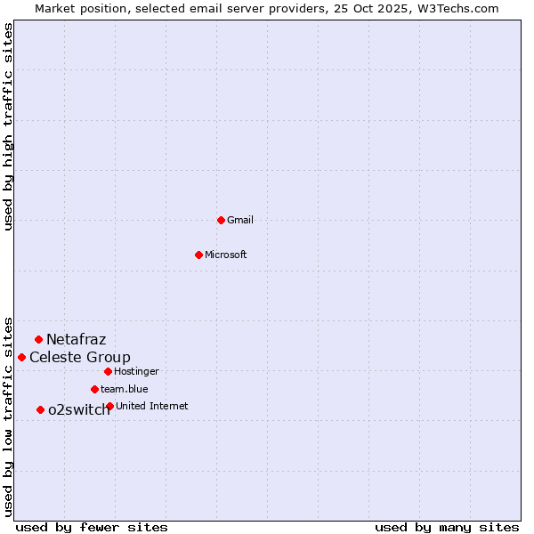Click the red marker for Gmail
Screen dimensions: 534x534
(221, 220)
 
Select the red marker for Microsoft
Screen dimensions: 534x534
(198, 255)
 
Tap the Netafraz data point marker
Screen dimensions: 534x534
(38, 339)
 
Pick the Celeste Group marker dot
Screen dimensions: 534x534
(21, 357)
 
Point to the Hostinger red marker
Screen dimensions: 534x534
(108, 371)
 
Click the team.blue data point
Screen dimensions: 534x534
(94, 389)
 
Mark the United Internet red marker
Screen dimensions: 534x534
(109, 406)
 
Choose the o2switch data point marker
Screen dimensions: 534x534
(40, 409)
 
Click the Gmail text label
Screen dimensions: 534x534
(240, 220)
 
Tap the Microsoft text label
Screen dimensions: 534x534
(226, 255)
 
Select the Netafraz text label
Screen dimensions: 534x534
(77, 339)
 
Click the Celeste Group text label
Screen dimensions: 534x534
(80, 357)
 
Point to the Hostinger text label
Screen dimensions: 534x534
(136, 371)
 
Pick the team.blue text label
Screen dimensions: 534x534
(125, 389)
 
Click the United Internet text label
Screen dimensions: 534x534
(152, 406)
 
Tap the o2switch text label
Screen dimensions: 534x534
(79, 409)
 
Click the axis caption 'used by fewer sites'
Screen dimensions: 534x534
(92, 527)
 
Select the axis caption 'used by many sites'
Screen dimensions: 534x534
(447, 527)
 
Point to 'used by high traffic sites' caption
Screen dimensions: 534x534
(8, 126)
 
